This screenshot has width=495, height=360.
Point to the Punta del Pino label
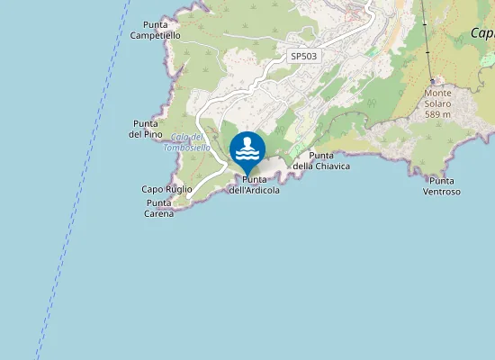pyautogui.click(x=146, y=129)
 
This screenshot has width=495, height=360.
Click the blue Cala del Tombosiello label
pyautogui.click(x=187, y=142)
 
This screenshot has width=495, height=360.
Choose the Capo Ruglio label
pyautogui.click(x=166, y=190)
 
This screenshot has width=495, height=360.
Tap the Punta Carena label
pyautogui.click(x=159, y=208)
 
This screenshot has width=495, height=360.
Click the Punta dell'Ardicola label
pyautogui.click(x=254, y=185)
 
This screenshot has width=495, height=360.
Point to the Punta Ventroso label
pyautogui.click(x=442, y=186)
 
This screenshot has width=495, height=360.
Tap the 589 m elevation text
pyautogui.click(x=437, y=114)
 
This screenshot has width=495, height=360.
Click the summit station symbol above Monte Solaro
pyautogui.click(x=432, y=81)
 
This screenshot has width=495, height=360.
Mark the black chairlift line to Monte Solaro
pyautogui.click(x=425, y=36)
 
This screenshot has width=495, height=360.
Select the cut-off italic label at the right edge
pyautogui.click(x=482, y=34)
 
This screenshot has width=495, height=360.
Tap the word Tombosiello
pyautogui.click(x=187, y=148)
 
